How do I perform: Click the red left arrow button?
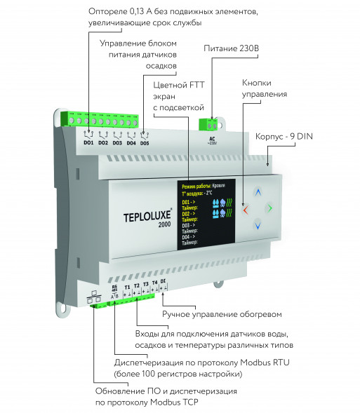pyautogui.click(x=244, y=209)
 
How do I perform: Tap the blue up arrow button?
pyautogui.click(x=258, y=191)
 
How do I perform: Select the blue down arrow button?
pyautogui.click(x=258, y=226)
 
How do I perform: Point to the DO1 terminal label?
pyautogui.click(x=88, y=142)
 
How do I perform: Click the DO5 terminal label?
pyautogui.click(x=145, y=142)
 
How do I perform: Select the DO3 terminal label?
pyautogui.click(x=117, y=142)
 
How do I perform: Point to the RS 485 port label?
pyautogui.click(x=115, y=288)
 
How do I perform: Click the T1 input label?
pyautogui.click(x=127, y=287)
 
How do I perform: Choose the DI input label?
pyautogui.click(x=163, y=281)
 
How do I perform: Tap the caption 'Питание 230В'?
pyautogui.click(x=232, y=48)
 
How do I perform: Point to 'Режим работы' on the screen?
pyautogui.click(x=197, y=186)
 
